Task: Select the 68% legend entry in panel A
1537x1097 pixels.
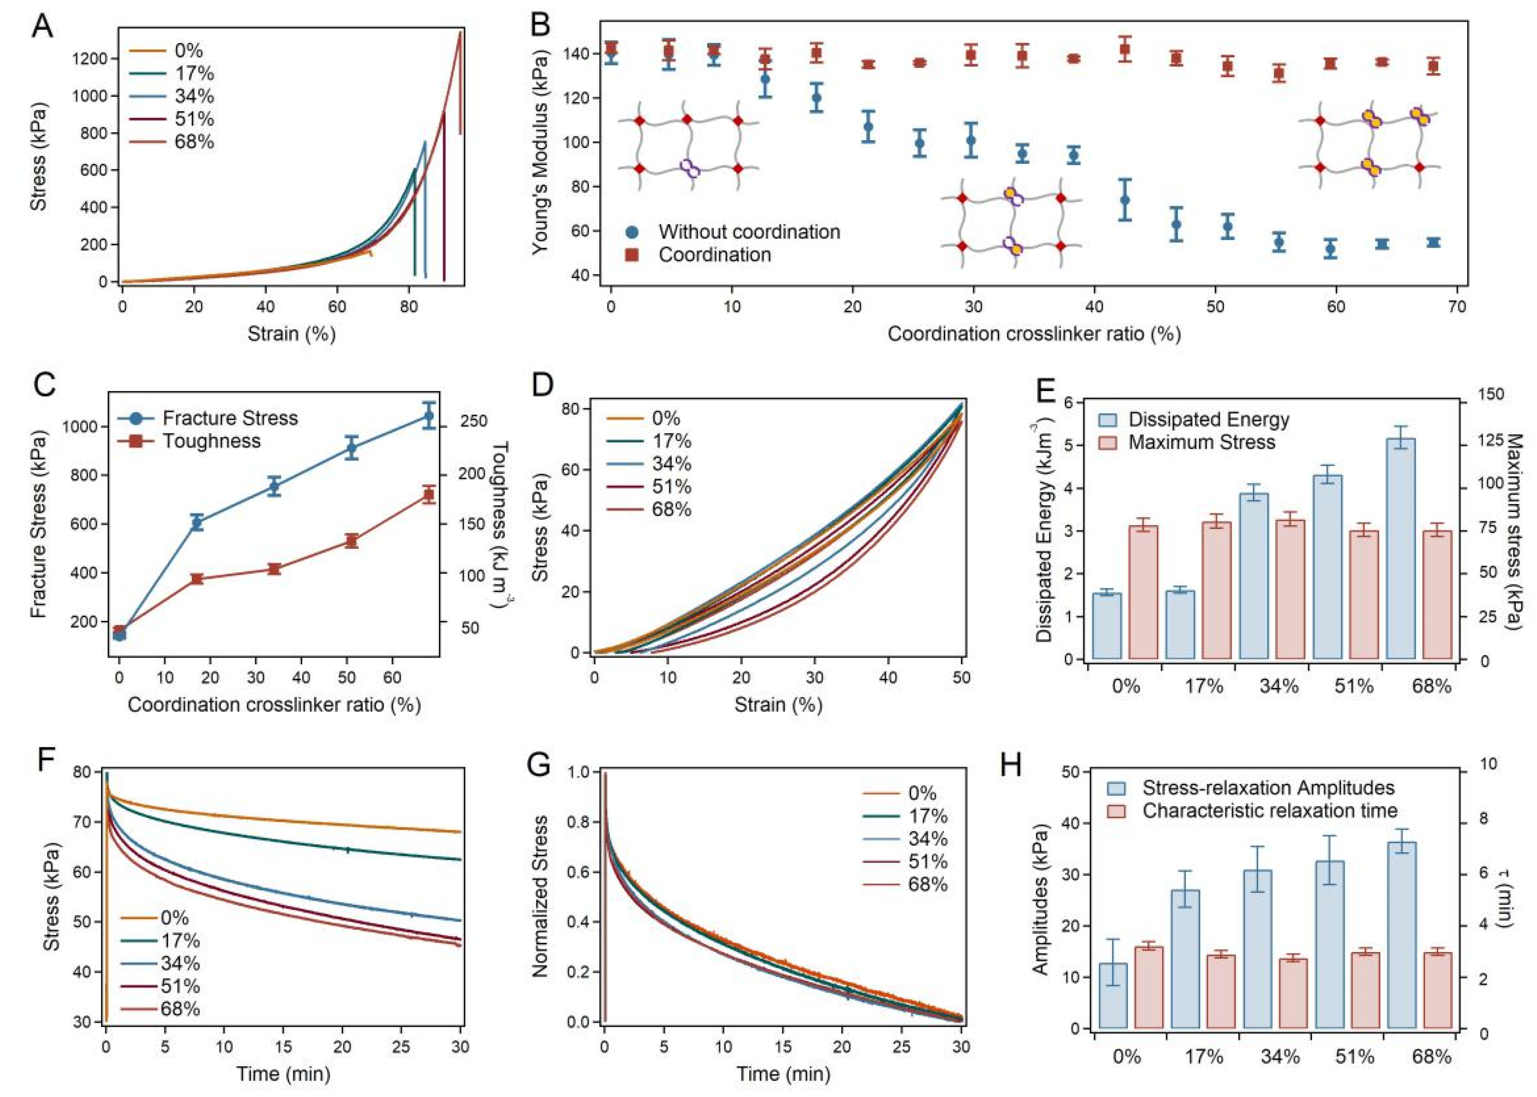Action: [x=194, y=142]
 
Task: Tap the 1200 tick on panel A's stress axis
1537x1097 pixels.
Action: [x=89, y=59]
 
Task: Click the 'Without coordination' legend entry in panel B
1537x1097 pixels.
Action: [x=749, y=232]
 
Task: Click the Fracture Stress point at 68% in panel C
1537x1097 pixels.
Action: [x=428, y=415]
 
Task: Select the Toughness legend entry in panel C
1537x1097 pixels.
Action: [x=211, y=441]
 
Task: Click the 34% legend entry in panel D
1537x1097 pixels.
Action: [x=671, y=464]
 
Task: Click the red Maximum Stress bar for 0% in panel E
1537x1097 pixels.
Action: [x=1143, y=593]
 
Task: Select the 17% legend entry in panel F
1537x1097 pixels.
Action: [x=180, y=940]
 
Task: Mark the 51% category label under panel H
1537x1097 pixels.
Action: [x=1354, y=1056]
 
